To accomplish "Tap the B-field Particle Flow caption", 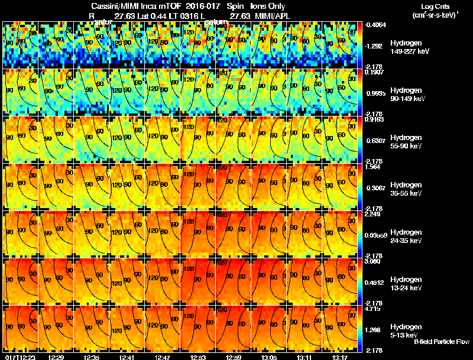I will point(441,342).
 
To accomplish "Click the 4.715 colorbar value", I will point(372,309).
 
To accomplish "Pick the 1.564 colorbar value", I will point(372,167).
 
